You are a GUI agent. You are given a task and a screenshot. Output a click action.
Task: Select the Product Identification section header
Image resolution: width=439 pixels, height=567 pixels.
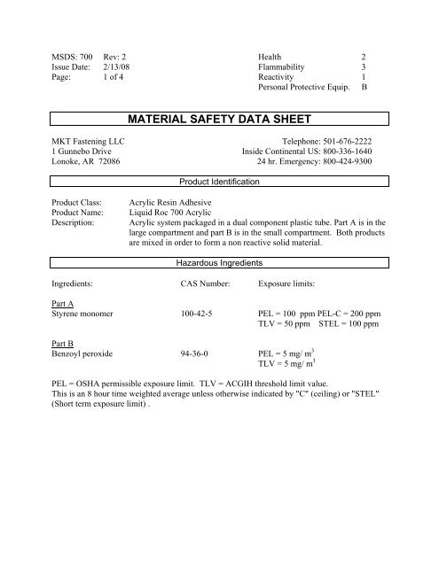[219, 181]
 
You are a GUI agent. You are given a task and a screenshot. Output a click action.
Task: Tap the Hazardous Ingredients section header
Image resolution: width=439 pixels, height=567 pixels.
[219, 263]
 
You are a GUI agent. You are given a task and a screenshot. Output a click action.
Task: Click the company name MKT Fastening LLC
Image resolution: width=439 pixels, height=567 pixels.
[86, 141]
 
